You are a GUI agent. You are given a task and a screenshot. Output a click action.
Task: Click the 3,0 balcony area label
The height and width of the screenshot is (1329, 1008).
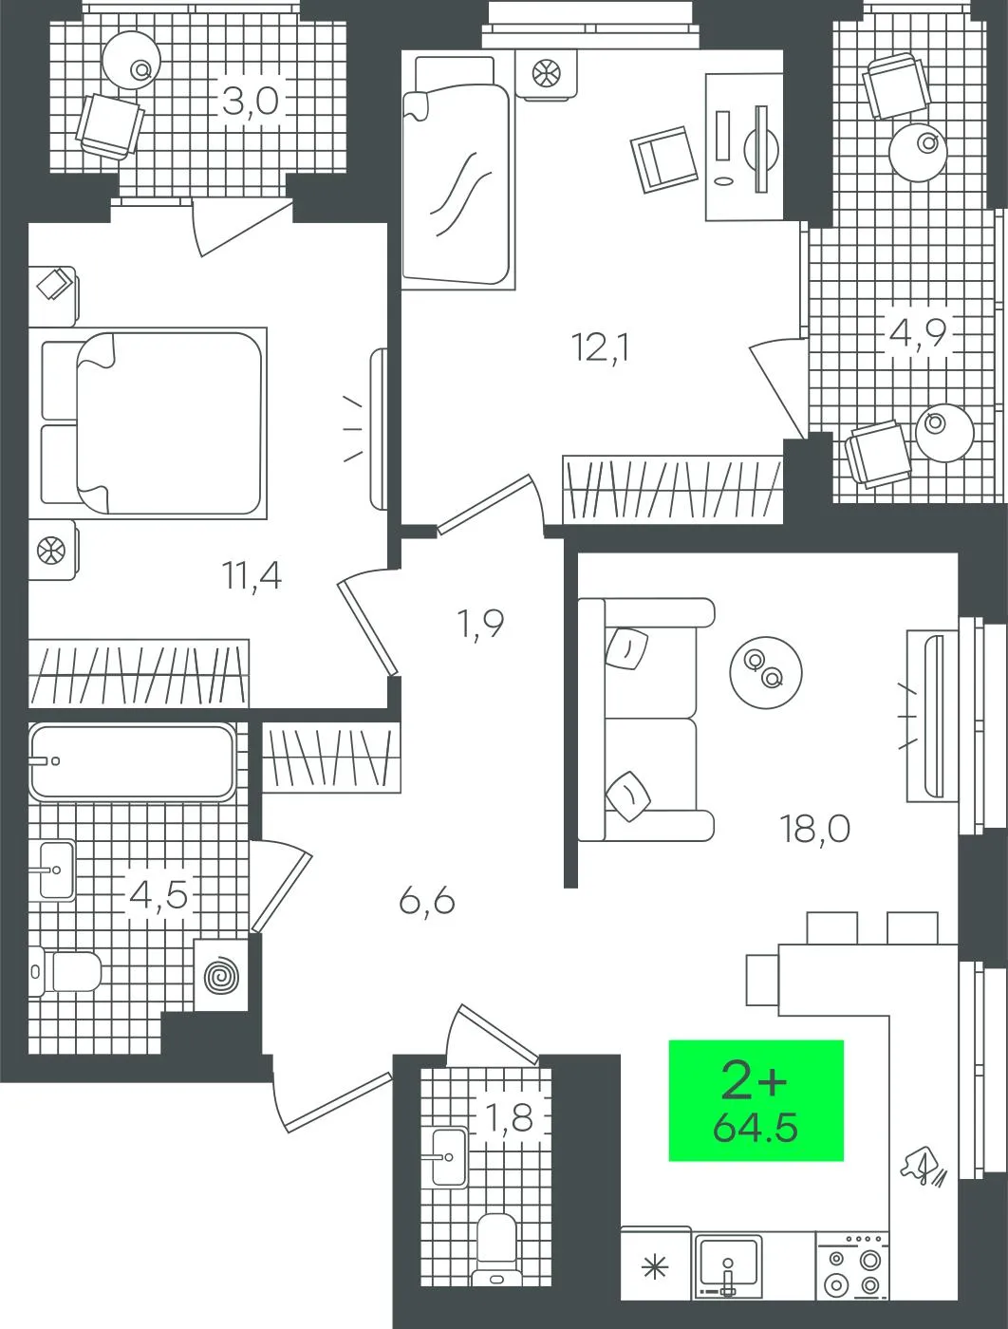click(251, 101)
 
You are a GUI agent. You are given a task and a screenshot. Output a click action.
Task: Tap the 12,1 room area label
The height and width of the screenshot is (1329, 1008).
click(601, 348)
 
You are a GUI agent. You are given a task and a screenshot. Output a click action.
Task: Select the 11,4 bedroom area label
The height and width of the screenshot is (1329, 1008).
click(252, 575)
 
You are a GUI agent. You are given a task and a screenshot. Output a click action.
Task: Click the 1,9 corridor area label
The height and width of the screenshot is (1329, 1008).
click(481, 624)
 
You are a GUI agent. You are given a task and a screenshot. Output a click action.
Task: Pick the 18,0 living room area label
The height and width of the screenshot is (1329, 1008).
click(815, 829)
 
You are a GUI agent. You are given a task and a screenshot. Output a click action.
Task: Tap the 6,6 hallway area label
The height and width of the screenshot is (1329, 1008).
click(427, 902)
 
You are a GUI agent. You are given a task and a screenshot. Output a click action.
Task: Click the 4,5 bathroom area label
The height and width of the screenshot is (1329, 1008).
click(159, 895)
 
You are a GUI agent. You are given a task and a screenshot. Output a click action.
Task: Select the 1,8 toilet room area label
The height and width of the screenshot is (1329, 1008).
click(510, 1117)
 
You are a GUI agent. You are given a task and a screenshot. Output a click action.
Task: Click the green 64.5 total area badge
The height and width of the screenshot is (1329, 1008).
click(756, 1100)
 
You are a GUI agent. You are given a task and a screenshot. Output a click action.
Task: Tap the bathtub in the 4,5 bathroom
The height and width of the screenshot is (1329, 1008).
click(133, 761)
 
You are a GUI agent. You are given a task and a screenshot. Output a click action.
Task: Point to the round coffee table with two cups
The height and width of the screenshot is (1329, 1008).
click(766, 672)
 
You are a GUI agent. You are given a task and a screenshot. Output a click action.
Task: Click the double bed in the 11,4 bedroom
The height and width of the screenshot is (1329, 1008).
click(154, 423)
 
